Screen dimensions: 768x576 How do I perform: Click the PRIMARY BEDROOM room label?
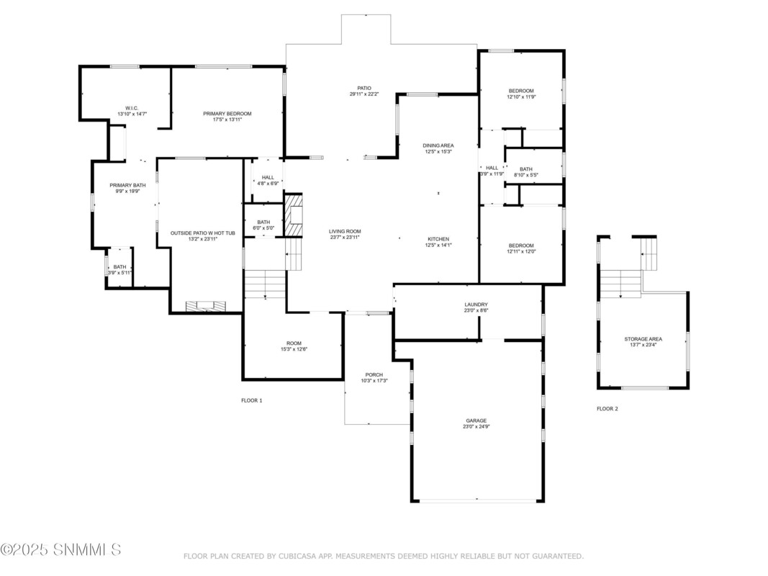[x=227, y=114]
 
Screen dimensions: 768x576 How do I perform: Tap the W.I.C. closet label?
[x=132, y=108]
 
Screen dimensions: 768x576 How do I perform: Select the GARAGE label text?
[x=476, y=420]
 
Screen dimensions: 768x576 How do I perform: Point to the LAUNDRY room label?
[x=476, y=305]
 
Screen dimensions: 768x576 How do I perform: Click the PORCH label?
[x=374, y=374]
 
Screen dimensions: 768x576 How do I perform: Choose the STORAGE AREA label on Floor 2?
[x=643, y=339]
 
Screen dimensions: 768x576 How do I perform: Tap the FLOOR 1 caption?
[x=252, y=400]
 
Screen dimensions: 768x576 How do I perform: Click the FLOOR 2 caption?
[x=607, y=408]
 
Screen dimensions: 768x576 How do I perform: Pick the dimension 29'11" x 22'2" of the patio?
[x=364, y=94]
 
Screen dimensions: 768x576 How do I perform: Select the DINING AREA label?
[x=438, y=145]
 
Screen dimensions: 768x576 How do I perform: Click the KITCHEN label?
[x=438, y=239]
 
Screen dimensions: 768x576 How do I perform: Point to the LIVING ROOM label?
[x=345, y=231]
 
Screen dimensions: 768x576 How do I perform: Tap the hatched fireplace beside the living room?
[x=294, y=215]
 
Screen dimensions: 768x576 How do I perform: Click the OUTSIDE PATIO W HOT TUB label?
[x=203, y=233]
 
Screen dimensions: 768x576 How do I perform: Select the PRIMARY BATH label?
[x=127, y=185]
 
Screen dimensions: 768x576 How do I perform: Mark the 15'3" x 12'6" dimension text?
[x=294, y=349]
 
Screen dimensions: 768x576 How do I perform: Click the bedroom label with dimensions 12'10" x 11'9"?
[x=521, y=91]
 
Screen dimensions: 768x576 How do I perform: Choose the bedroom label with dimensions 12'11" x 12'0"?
[x=521, y=246]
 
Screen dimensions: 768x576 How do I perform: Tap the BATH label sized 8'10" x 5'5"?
[x=526, y=169]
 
